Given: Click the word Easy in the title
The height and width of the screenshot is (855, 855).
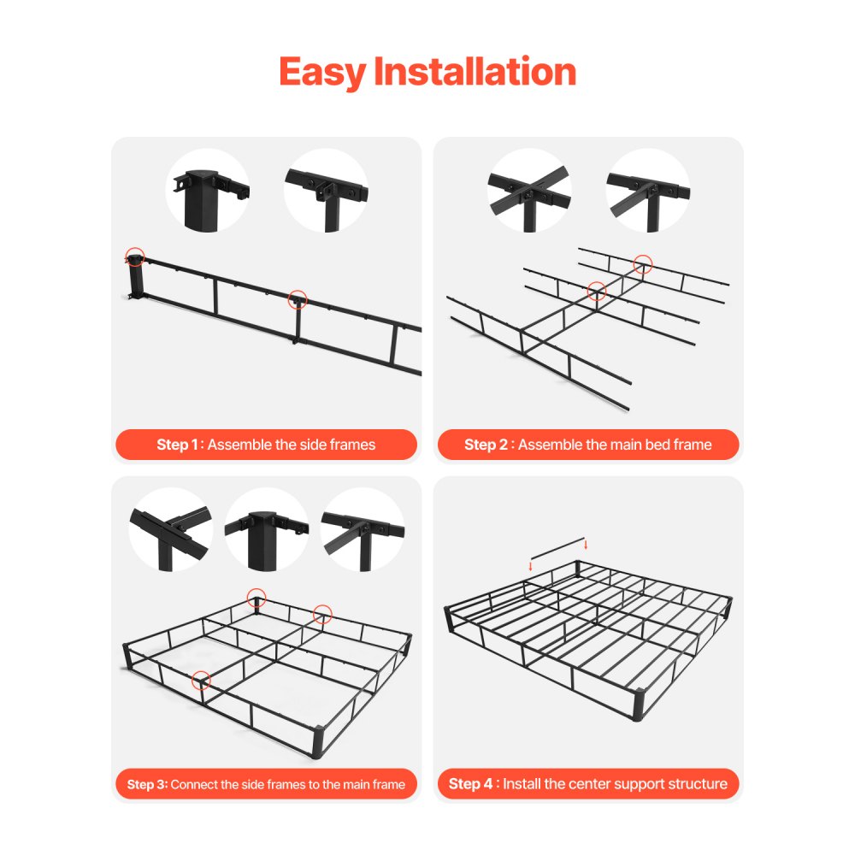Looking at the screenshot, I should tap(322, 72).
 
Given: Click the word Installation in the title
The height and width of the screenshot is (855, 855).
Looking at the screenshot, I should tap(475, 72).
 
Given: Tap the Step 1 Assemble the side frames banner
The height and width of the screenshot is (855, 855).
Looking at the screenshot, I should tap(266, 445).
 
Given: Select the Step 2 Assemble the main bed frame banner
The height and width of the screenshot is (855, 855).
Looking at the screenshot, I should tap(588, 445).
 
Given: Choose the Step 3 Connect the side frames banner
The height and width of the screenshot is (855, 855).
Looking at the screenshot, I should tap(266, 784).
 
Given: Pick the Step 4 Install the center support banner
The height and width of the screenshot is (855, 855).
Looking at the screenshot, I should tap(588, 784).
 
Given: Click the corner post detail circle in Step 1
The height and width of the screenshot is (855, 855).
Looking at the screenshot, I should tap(208, 191).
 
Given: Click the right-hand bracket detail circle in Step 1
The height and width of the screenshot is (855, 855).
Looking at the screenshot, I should tap(326, 191).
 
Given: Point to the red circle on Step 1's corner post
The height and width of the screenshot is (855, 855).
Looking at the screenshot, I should tap(134, 255).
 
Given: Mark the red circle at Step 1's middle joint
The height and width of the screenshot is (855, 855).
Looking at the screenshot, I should tap(298, 299).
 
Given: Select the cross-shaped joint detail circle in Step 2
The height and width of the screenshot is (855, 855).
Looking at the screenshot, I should tap(529, 191).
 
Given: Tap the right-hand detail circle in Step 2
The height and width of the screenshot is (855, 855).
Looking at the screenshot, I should tap(647, 191).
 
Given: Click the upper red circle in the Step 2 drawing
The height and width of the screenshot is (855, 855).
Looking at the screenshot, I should tap(643, 264).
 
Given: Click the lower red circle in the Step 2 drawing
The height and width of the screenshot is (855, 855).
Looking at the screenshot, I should tap(597, 292).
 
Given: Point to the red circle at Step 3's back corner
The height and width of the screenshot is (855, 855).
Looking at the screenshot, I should tap(256, 597).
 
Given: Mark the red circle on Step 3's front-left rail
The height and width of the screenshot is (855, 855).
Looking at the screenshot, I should tap(201, 681).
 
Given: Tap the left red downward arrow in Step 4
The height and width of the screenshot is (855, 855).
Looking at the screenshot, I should tap(530, 565).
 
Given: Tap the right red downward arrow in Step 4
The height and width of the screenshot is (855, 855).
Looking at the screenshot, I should tap(586, 544).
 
